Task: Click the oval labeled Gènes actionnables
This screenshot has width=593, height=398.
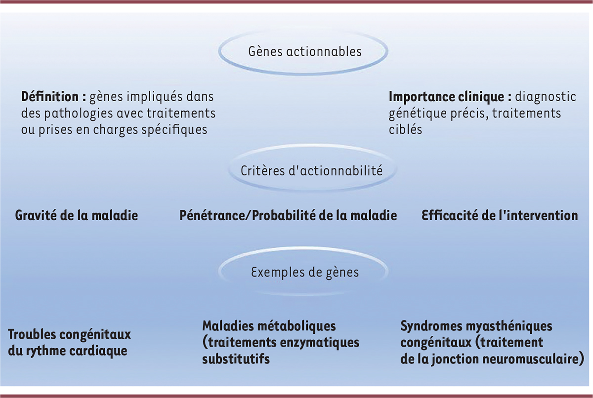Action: click(x=305, y=51)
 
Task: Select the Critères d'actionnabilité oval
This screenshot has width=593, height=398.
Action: click(x=311, y=171)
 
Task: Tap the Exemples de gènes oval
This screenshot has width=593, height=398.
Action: click(x=305, y=272)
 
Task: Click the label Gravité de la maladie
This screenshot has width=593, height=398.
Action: click(x=77, y=216)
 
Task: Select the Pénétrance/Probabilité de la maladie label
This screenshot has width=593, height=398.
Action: click(x=288, y=216)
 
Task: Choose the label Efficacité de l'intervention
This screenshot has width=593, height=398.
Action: click(x=500, y=216)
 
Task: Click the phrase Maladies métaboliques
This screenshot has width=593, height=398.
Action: click(x=269, y=326)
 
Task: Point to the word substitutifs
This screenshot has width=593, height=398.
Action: click(x=236, y=359)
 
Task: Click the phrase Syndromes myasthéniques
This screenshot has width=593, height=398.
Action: click(x=476, y=326)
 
